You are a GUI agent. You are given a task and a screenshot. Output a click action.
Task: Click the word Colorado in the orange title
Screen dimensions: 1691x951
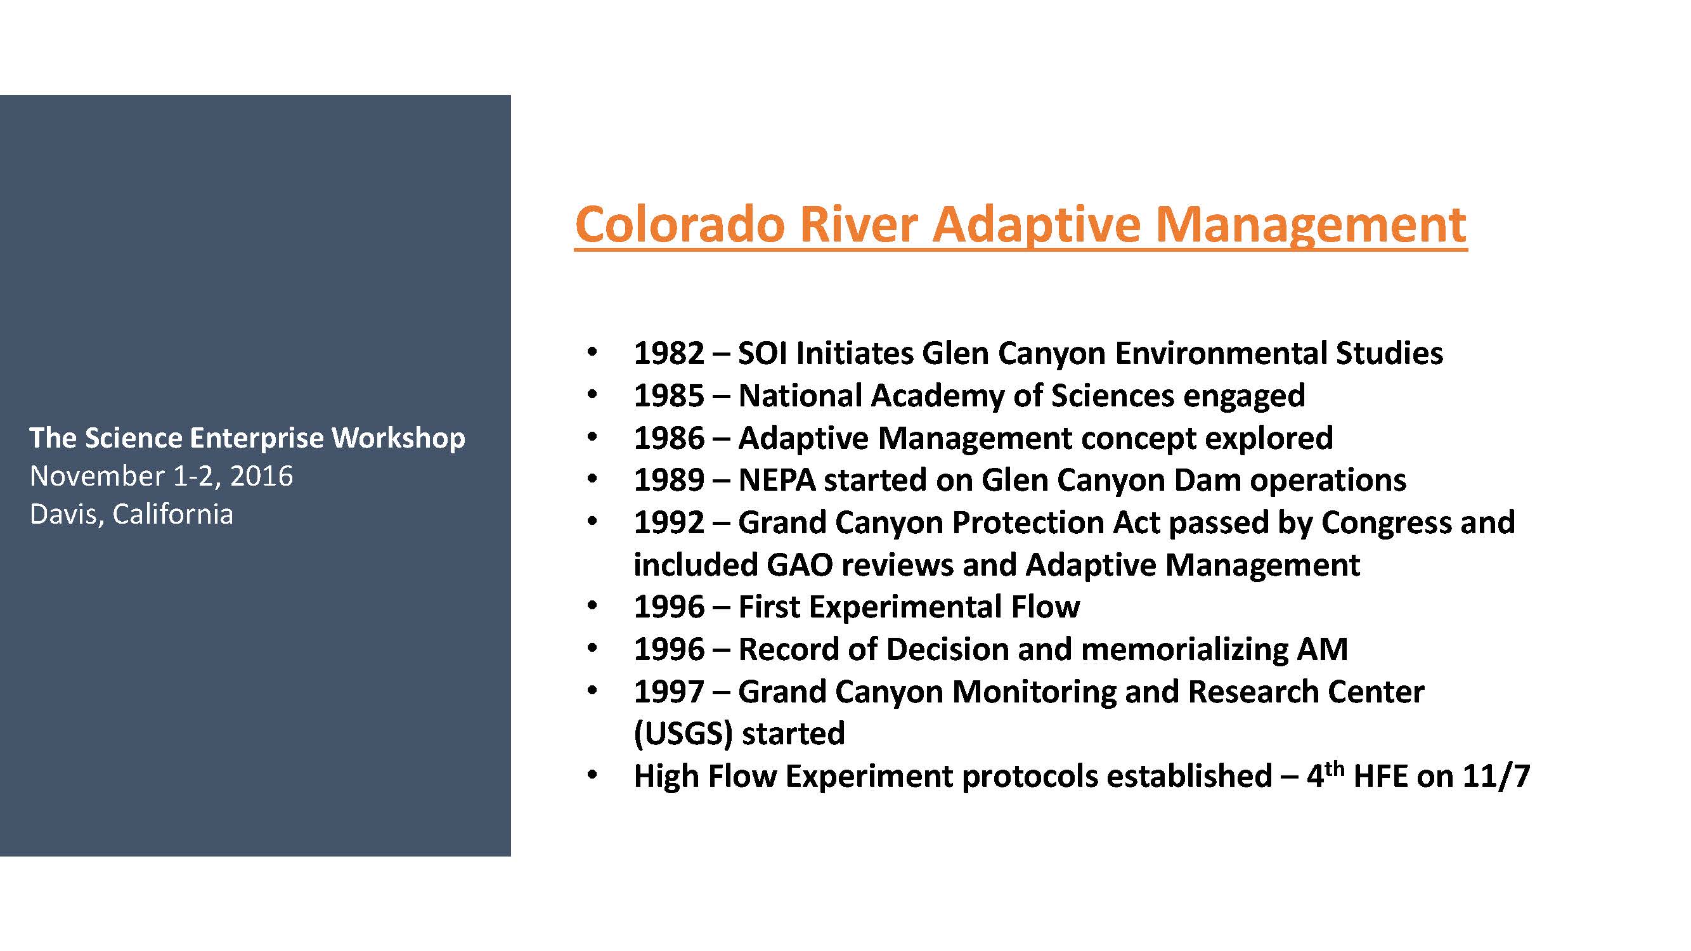[680, 224]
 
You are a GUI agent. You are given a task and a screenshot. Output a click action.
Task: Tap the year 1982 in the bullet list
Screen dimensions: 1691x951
[669, 353]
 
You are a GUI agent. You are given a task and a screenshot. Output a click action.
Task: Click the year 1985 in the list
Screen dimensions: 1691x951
[669, 396]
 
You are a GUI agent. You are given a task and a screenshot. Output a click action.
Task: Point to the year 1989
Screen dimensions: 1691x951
[669, 480]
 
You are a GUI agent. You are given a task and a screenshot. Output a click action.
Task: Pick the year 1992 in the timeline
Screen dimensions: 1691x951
[669, 522]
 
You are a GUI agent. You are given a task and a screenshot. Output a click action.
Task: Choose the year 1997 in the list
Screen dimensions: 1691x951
[669, 692]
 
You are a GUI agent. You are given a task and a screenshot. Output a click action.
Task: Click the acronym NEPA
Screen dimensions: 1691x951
[777, 480]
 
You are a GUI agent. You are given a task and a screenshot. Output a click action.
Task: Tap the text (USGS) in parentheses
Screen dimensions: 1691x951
[683, 734]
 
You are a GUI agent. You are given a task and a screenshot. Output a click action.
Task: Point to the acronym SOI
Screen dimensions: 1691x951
[763, 353]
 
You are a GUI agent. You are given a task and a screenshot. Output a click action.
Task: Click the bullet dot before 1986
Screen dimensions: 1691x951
[592, 437]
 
